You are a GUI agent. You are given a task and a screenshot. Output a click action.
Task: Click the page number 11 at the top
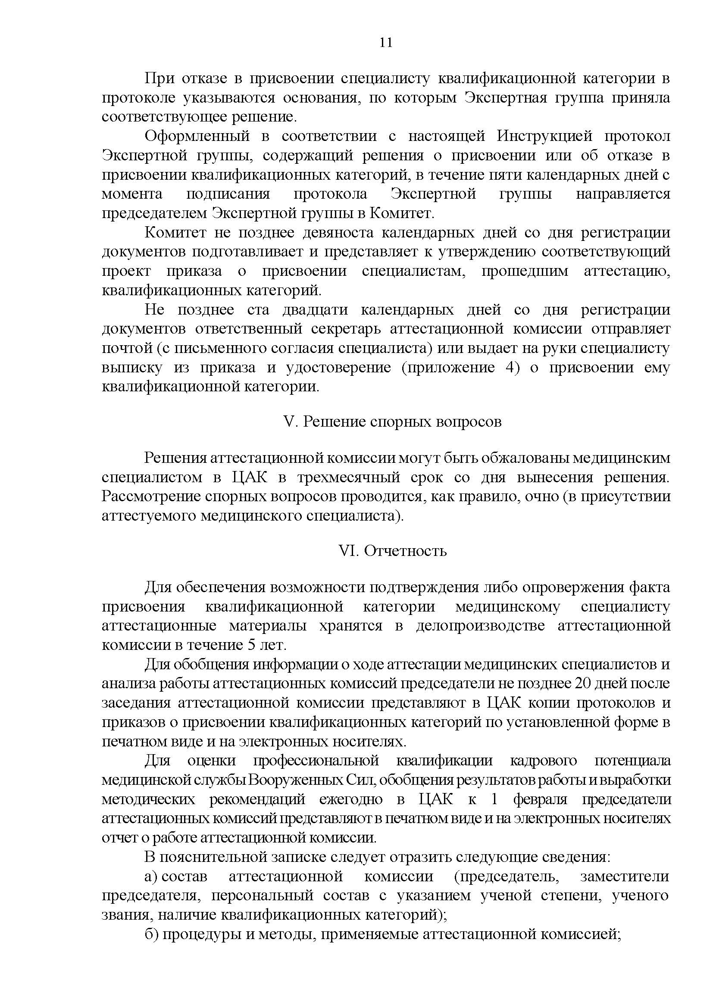point(385,43)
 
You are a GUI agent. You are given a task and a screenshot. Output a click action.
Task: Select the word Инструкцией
point(544,136)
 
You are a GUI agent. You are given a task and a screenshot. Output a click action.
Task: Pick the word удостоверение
point(338,368)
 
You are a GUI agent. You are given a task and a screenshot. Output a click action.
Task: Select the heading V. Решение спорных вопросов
point(393,421)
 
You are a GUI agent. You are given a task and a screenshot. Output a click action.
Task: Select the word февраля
point(540,799)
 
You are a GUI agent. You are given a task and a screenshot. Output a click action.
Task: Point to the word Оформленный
point(197,136)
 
